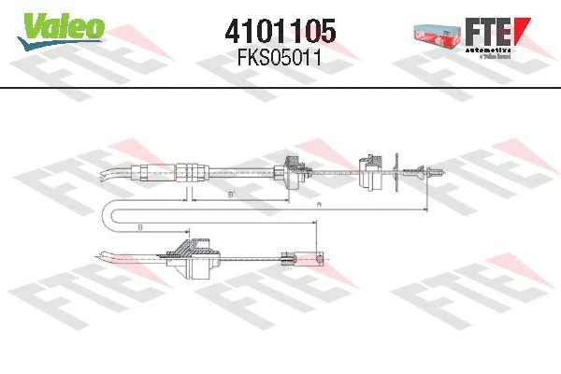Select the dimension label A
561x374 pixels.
(x=319, y=203)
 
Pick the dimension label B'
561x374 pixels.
(x=230, y=194)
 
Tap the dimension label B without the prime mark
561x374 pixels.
(x=138, y=227)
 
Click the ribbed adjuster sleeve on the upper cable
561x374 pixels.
(x=191, y=171)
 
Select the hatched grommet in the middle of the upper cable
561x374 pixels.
(x=290, y=172)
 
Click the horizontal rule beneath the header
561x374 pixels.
(x=280, y=86)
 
